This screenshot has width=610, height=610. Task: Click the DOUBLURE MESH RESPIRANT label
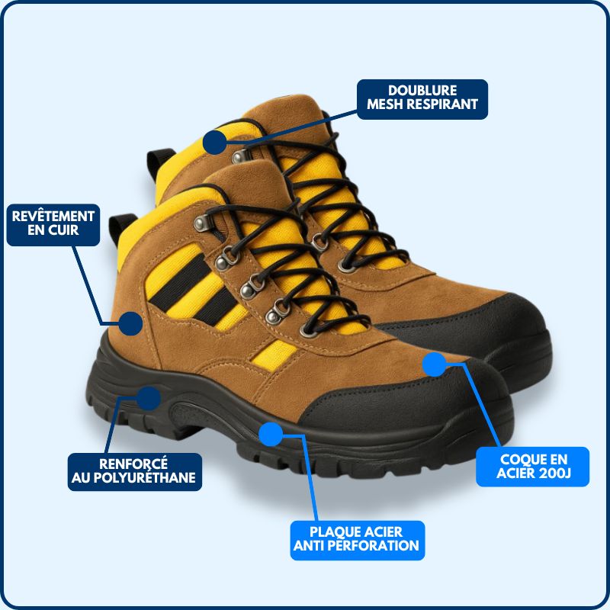[422, 98]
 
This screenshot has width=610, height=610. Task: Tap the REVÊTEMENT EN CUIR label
[53, 223]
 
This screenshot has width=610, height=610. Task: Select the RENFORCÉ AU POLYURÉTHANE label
[135, 471]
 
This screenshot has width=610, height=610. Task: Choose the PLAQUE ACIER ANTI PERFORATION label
[357, 538]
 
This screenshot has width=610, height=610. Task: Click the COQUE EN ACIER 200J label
[533, 467]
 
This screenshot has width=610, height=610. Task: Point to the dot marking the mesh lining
[216, 141]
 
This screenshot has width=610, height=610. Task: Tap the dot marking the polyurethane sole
[149, 396]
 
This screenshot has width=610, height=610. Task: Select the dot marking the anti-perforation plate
[271, 435]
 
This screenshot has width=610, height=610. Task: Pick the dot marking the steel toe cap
[434, 364]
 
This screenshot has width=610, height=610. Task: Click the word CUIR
[64, 231]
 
